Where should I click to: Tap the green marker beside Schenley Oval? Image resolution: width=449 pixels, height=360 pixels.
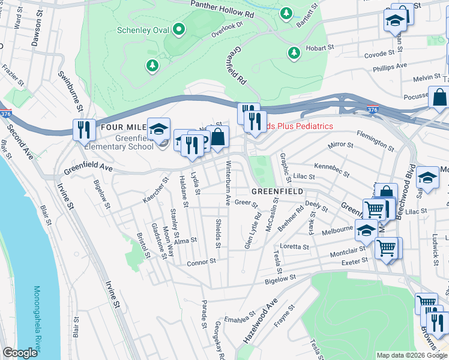coord(178,29)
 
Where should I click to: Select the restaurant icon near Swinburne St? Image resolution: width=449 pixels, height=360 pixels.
coord(84,129)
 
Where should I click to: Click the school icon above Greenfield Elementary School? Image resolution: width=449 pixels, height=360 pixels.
coord(158,128)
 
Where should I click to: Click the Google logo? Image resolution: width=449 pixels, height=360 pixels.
coord(20,353)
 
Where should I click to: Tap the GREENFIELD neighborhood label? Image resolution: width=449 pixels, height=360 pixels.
coord(276,191)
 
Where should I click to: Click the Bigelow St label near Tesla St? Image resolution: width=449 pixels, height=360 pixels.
coord(282,280)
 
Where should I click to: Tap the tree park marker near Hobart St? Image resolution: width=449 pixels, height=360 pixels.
coord(294,53)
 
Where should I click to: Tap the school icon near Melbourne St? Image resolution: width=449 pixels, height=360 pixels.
coord(366,229)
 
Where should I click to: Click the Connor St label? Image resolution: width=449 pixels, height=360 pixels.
coord(201,262)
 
